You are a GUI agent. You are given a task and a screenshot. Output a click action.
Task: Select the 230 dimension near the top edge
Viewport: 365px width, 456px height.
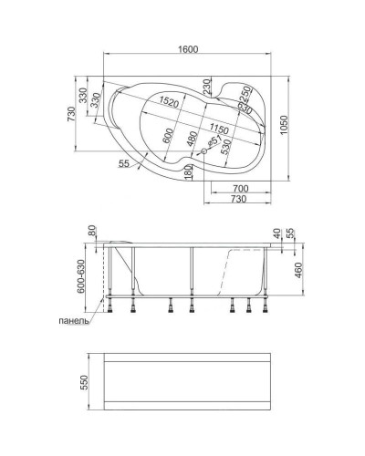(x=207, y=84)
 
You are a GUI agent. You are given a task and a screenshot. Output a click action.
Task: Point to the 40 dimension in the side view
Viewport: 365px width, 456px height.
(x=276, y=233)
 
